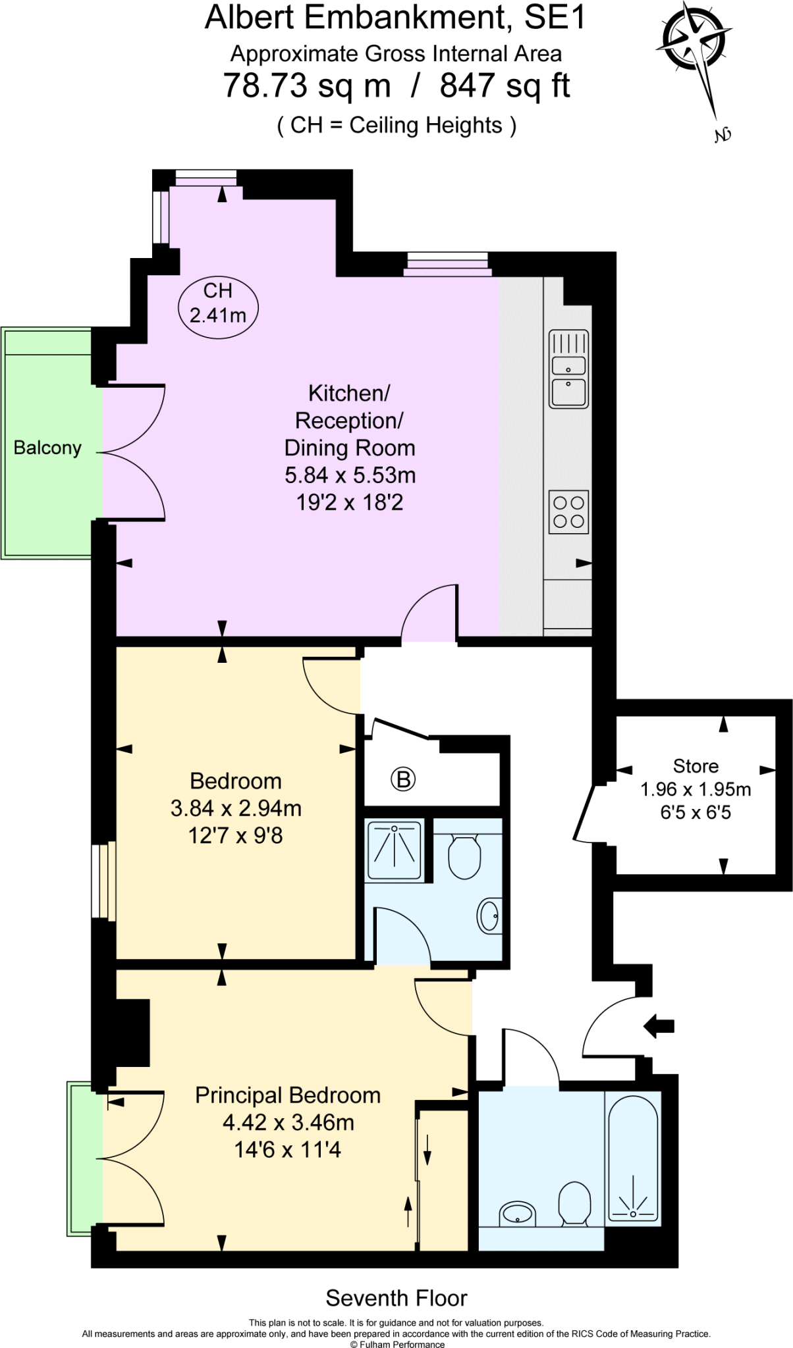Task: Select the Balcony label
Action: tap(47, 448)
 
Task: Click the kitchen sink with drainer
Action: tap(568, 369)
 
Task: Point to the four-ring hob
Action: tap(568, 511)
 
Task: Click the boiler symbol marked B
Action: tap(403, 779)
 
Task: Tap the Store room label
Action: tap(696, 766)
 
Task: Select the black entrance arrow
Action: tap(659, 1025)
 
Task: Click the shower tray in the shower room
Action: tap(394, 850)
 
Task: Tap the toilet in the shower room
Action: tap(464, 856)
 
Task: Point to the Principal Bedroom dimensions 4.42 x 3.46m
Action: tap(288, 1122)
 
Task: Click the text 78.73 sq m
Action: tap(307, 86)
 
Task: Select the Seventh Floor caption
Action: tap(396, 1298)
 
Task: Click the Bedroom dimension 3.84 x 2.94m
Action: tap(236, 808)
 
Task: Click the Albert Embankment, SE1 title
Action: tap(395, 18)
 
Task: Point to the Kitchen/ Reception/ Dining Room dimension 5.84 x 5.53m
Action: tap(350, 475)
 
